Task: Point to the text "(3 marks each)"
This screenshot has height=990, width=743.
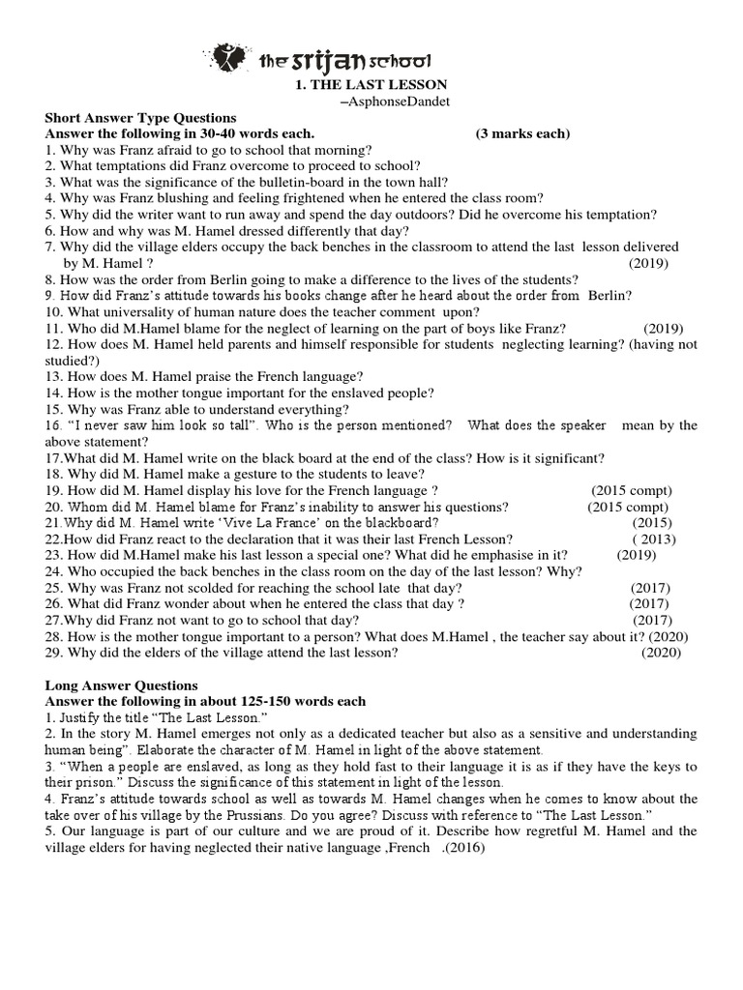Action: click(x=522, y=133)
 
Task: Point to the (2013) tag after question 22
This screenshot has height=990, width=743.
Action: click(x=654, y=539)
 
